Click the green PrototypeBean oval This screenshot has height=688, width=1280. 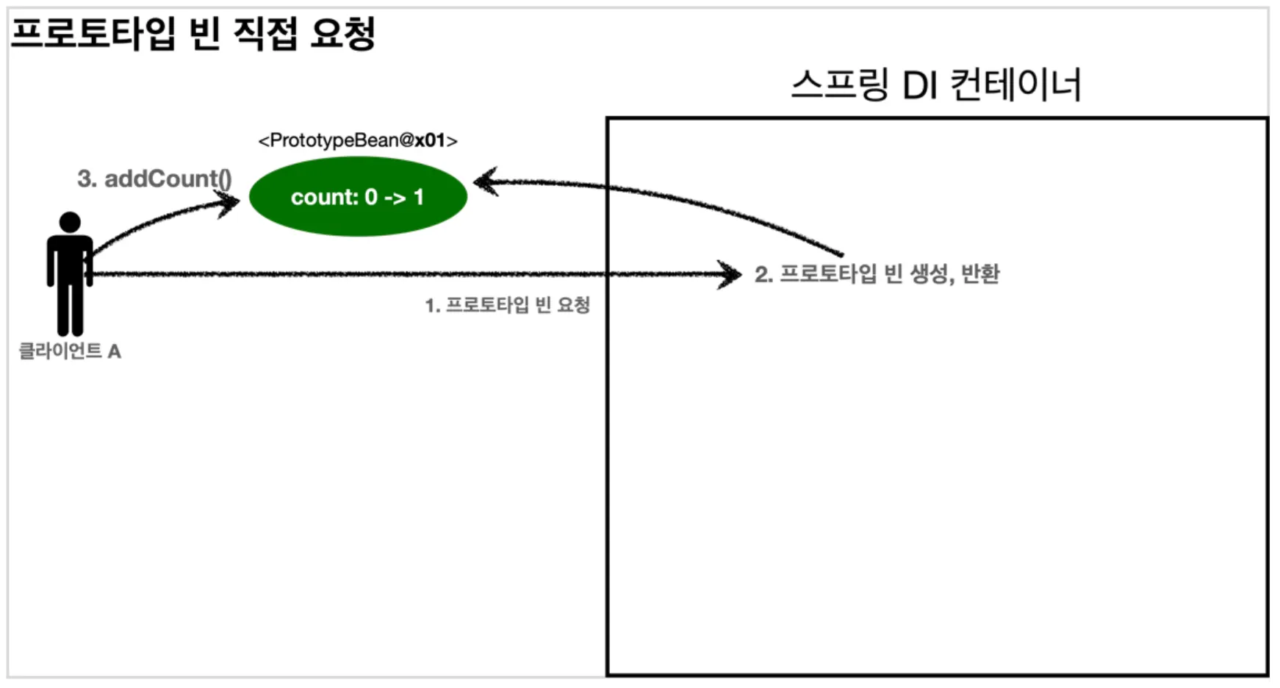coord(358,196)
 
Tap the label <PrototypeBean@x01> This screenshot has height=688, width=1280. coord(358,140)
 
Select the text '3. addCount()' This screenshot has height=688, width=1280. coord(154,179)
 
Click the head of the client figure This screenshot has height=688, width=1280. coord(70,222)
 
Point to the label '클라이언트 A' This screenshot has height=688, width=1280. coord(70,351)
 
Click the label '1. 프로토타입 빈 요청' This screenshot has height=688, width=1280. coord(507,305)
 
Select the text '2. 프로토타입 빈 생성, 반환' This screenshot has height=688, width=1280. coord(877,274)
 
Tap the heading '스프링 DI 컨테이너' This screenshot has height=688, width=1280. coord(935,85)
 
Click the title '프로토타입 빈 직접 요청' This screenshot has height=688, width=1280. coord(193,34)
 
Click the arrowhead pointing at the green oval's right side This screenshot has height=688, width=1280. coord(485,182)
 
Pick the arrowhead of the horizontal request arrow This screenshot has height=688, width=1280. coord(731,275)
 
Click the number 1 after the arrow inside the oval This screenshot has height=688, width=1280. coord(419,197)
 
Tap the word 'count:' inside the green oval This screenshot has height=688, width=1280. coord(324,197)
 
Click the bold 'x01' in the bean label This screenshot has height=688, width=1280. coord(430,140)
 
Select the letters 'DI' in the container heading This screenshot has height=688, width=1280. coord(919,86)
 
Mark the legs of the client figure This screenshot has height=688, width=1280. coord(70,309)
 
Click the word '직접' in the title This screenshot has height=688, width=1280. coord(265,34)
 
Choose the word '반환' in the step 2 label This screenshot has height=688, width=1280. coord(980,274)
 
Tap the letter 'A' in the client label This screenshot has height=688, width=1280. coord(114,352)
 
